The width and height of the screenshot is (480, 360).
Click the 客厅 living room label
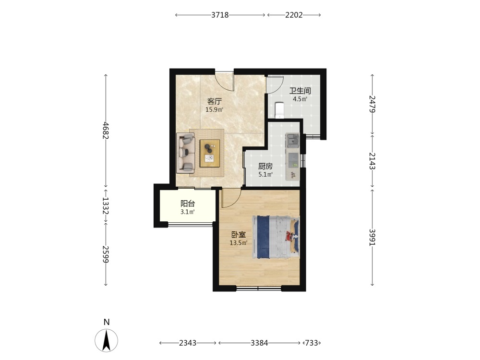[x=214, y=101]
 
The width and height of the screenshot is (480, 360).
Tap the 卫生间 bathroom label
[x=300, y=91]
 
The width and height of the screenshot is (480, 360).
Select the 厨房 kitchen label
[x=265, y=166]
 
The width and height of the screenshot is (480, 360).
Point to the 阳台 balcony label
[x=188, y=204]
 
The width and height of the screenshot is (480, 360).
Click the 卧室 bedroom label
[x=238, y=235]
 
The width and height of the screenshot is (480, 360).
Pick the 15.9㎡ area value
[x=214, y=109]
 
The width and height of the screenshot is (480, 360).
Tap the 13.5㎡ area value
[x=239, y=243]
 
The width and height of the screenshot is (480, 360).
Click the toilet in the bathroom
[x=279, y=110]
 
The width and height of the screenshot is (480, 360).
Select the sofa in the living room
[x=185, y=153]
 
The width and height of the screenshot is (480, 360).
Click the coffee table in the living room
[x=210, y=153]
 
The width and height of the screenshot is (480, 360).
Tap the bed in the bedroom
[x=276, y=237]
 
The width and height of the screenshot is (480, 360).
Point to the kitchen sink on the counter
[x=293, y=141]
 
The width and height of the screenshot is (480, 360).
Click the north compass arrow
[x=106, y=340]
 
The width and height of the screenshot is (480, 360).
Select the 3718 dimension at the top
[x=220, y=15]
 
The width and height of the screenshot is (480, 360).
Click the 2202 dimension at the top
[x=294, y=15]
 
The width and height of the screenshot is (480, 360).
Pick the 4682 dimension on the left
[x=106, y=131]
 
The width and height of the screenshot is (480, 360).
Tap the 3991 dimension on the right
[x=372, y=237]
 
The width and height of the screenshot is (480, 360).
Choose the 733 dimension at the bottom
[x=312, y=343]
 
